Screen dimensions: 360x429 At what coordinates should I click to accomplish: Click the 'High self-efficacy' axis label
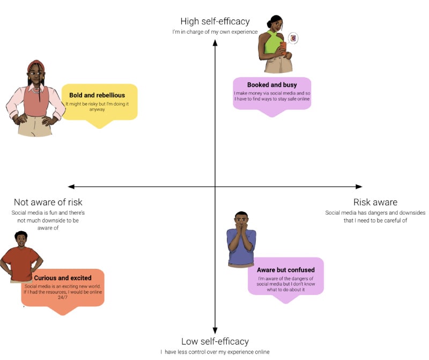click(x=214, y=21)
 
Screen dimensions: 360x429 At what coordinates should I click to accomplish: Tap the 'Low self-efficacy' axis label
click(x=214, y=341)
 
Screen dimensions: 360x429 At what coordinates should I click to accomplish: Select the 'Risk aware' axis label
click(x=375, y=202)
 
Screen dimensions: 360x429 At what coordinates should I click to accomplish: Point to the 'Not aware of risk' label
click(x=48, y=202)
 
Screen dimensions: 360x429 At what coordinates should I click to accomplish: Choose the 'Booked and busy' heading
click(x=272, y=85)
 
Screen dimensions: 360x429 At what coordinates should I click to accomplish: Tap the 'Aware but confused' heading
click(x=285, y=270)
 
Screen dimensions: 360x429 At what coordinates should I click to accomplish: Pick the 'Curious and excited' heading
click(x=63, y=278)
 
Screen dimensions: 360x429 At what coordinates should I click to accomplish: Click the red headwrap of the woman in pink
click(x=36, y=67)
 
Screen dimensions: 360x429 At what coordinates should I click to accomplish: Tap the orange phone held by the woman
click(x=284, y=46)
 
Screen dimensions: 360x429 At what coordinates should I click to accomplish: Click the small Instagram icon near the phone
click(x=293, y=38)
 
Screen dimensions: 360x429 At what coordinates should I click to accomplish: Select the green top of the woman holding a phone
click(x=272, y=43)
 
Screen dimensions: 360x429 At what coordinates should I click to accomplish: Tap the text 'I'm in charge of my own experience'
click(x=214, y=32)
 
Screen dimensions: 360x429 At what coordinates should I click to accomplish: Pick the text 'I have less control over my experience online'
click(x=214, y=351)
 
